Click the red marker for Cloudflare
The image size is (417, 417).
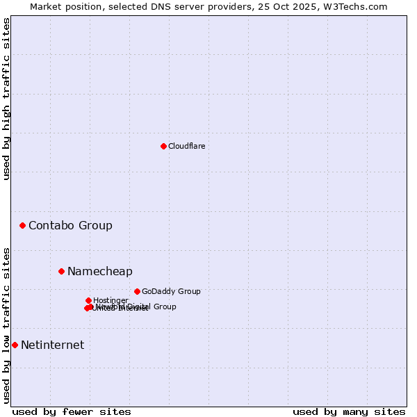[163, 146]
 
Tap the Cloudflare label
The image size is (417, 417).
[186, 146]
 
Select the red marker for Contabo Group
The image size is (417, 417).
[23, 225]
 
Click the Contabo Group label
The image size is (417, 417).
[70, 225]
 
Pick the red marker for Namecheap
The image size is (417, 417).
[61, 271]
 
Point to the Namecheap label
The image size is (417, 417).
[99, 271]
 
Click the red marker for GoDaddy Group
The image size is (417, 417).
[137, 291]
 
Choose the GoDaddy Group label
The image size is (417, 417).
[171, 291]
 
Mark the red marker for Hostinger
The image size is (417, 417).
[88, 300]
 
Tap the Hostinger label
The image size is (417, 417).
[111, 300]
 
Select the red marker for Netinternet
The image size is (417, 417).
[15, 345]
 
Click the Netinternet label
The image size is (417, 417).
[52, 345]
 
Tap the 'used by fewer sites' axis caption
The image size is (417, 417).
[72, 411]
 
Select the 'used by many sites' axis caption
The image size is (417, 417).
[349, 411]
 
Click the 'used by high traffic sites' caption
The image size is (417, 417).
[6, 99]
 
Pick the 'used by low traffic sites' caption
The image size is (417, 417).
[6, 325]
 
